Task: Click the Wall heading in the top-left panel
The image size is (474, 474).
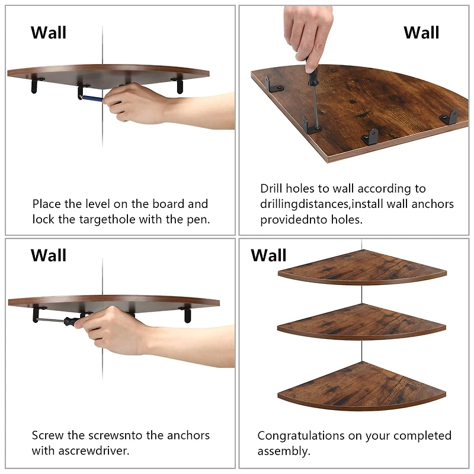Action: pos(49,33)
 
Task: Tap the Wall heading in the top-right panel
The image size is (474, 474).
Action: pos(421,33)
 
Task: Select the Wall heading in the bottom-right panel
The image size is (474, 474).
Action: pos(268,255)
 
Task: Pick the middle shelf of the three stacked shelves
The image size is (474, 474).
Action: pos(361,322)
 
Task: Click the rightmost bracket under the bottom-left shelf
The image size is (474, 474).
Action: pos(187,313)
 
